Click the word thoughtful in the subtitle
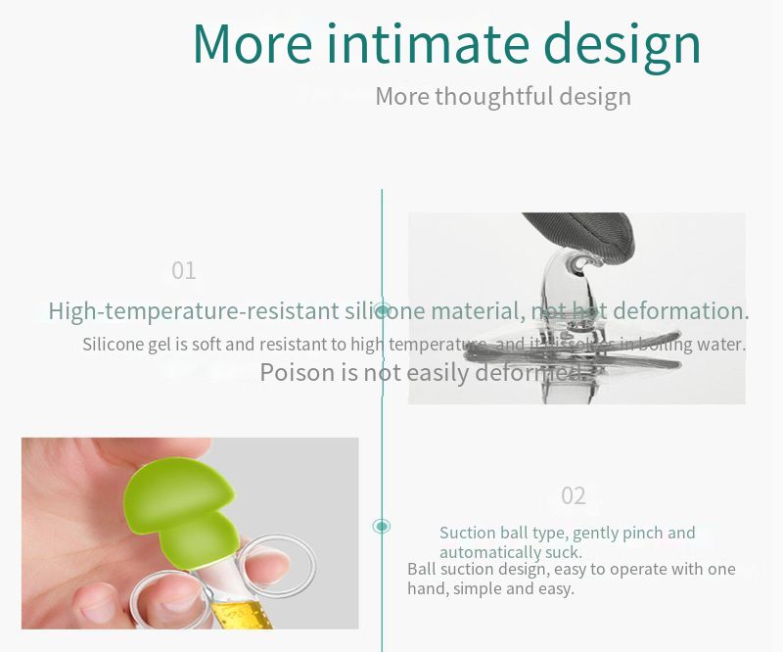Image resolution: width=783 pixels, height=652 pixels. (494, 97)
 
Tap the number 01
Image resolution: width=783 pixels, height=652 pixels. (184, 271)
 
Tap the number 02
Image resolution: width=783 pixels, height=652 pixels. (574, 496)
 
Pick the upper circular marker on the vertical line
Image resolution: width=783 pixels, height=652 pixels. (383, 310)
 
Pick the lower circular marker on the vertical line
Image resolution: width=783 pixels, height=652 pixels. (382, 526)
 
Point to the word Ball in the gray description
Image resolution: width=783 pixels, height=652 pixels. (421, 570)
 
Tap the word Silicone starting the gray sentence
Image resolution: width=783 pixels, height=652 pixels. (114, 345)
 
